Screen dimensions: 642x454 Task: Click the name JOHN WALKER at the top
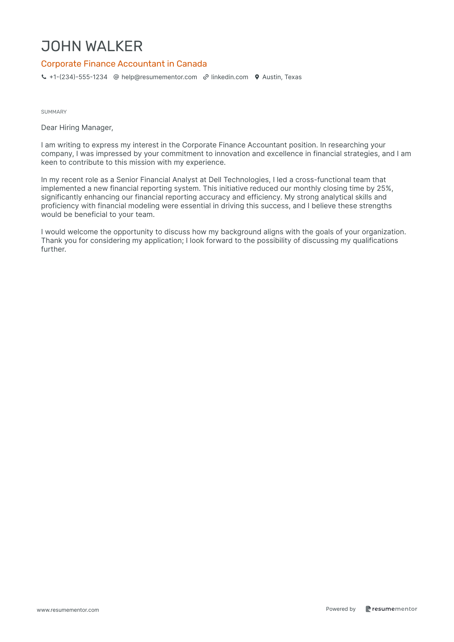92,46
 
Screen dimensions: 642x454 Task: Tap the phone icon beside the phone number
44,77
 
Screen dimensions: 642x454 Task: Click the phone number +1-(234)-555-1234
78,77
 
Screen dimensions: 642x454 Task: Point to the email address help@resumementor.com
159,77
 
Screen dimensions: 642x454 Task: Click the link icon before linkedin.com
206,77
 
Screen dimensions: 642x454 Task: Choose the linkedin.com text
230,77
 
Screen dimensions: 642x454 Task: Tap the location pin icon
257,77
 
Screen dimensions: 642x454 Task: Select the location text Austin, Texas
282,77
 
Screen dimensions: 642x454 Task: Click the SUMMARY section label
54,112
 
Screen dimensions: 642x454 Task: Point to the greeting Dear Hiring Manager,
77,127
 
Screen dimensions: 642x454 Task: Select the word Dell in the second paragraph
215,180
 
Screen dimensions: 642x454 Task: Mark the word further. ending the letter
53,249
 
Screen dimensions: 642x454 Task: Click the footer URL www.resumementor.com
68,610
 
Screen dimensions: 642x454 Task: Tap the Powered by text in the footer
341,609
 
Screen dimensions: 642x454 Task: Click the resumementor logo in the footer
391,609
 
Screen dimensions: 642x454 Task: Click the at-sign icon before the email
116,77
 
